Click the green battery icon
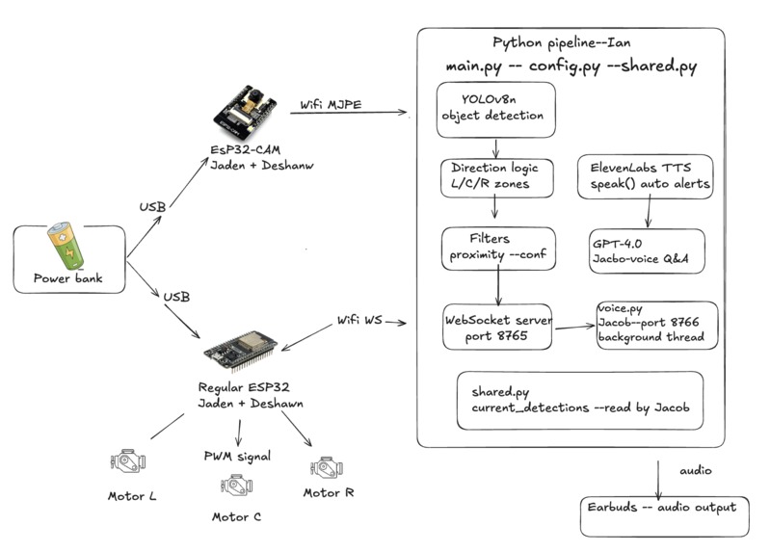coord(67,246)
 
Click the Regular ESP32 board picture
coord(240,349)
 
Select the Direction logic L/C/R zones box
coord(494,175)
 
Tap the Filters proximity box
coord(497,247)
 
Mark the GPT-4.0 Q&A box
coord(646,250)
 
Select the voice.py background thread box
coord(656,325)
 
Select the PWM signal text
coord(237,455)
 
